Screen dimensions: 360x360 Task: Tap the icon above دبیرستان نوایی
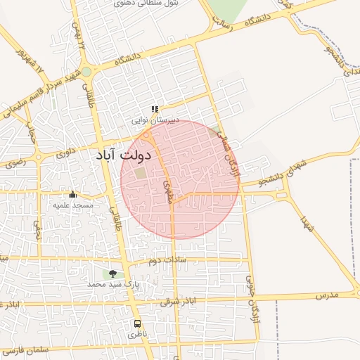coord(155,109)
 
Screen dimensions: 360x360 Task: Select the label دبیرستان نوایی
coord(157,120)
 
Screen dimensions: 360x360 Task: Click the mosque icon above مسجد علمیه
coord(72,194)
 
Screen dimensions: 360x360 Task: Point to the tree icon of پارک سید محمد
coord(112,274)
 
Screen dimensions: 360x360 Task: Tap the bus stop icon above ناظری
coord(137,324)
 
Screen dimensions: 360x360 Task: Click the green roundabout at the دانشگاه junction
coord(86,72)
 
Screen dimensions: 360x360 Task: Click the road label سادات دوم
coord(165,261)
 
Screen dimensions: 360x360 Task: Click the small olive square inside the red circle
coord(141,173)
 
